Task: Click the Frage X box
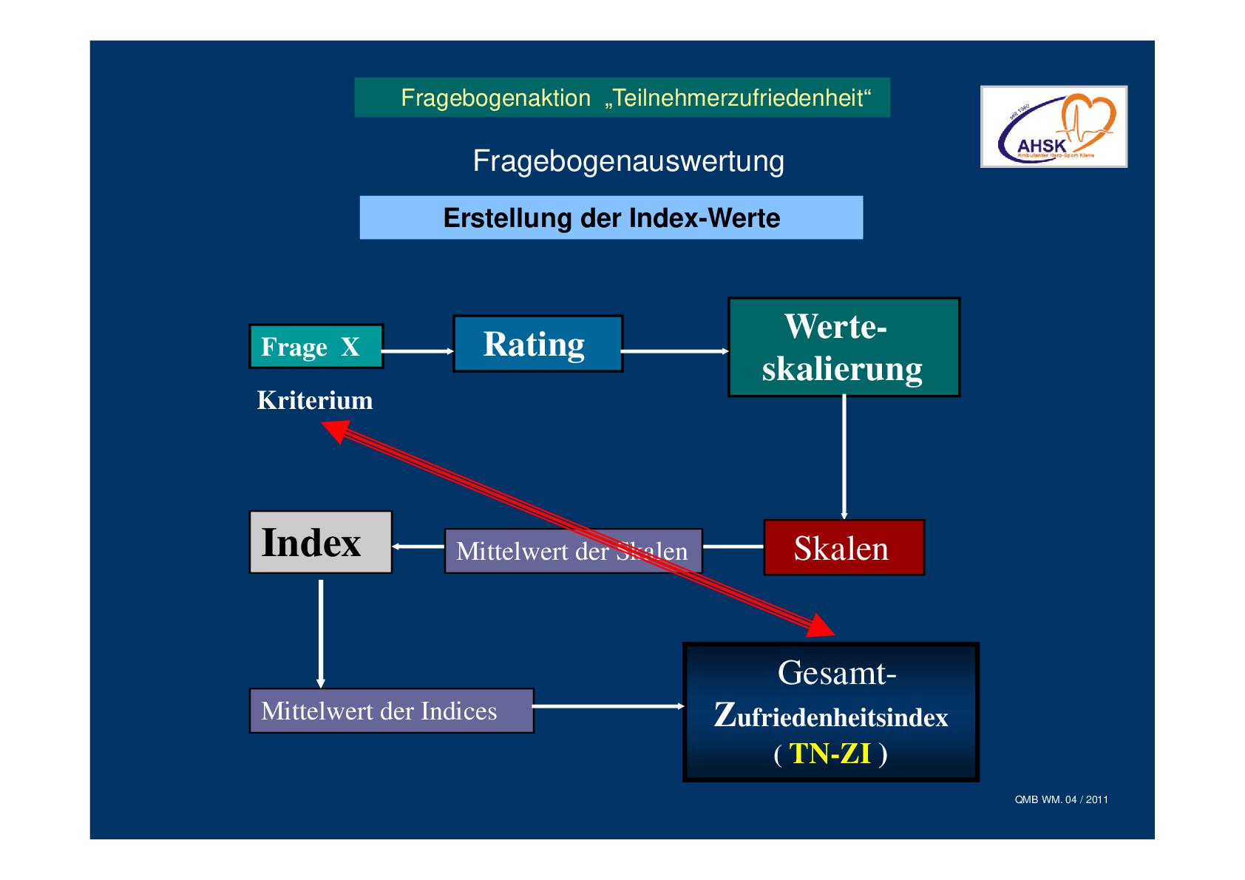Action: (316, 346)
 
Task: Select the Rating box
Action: (537, 344)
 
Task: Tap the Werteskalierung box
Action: (844, 348)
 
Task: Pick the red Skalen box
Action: (844, 548)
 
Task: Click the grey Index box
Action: (320, 542)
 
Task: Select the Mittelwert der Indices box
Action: (391, 711)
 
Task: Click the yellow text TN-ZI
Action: (830, 754)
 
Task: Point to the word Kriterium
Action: (315, 401)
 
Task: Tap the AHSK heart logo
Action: (1054, 126)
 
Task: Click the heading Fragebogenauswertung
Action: (628, 161)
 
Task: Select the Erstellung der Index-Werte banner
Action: (611, 218)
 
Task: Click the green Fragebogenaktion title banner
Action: (622, 98)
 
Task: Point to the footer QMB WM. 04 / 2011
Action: (1061, 799)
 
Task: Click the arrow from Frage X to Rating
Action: (418, 351)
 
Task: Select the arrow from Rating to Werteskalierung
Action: (675, 351)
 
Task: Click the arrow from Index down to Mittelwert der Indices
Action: (320, 632)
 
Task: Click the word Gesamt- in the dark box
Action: (836, 673)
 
